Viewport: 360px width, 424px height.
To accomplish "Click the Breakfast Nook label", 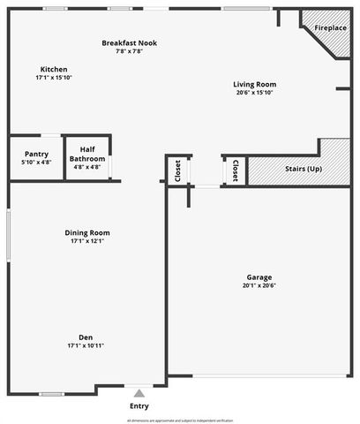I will click(x=129, y=42).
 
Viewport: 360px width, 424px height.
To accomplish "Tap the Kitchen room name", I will click(x=54, y=69).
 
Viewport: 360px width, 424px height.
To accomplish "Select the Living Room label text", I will click(x=255, y=84).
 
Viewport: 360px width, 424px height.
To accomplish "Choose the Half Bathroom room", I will click(x=87, y=155).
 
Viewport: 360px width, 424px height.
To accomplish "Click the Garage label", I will click(x=259, y=276).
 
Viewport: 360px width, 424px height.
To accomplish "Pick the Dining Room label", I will click(x=87, y=232).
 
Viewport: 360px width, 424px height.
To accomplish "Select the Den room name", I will click(x=86, y=337).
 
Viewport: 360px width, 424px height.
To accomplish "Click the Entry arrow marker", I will click(x=139, y=392).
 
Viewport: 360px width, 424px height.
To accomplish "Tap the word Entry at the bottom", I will click(x=139, y=405).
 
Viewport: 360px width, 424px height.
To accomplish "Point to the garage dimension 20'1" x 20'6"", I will click(x=259, y=285).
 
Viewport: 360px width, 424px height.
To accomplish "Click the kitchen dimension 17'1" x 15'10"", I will click(x=54, y=78).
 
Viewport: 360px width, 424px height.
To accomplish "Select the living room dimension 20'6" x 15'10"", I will click(x=255, y=93).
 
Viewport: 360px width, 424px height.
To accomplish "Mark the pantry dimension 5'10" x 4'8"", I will click(x=35, y=163).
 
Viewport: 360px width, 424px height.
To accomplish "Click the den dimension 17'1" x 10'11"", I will click(x=86, y=345).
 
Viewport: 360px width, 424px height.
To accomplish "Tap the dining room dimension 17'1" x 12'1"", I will click(x=87, y=241).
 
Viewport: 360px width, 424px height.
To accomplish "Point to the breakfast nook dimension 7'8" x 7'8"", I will click(x=129, y=51).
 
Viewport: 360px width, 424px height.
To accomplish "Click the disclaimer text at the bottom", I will click(x=180, y=420).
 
